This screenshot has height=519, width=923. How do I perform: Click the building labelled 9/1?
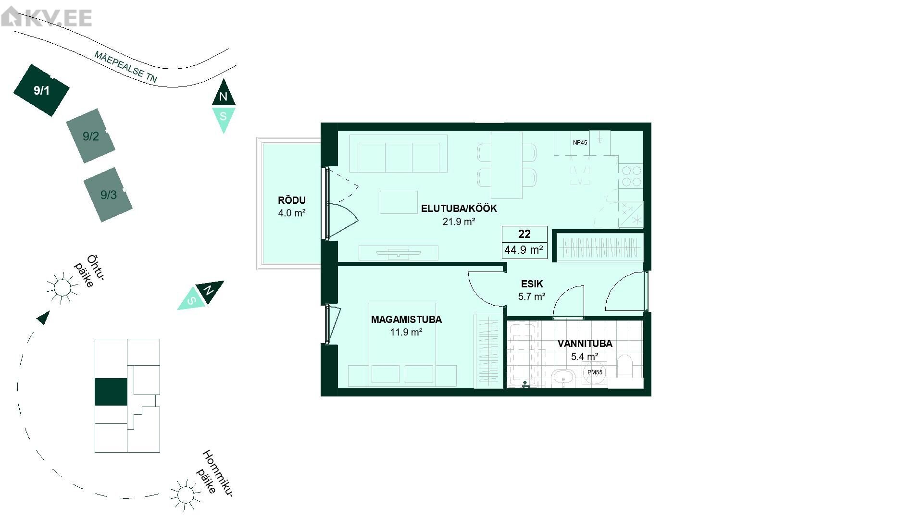(41, 90)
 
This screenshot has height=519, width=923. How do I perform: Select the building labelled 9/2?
(91, 136)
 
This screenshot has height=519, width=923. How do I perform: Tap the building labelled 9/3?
(108, 195)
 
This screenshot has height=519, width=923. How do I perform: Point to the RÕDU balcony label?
(292, 200)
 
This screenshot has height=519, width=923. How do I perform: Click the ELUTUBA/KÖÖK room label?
(459, 209)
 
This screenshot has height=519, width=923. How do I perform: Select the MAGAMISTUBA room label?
(406, 320)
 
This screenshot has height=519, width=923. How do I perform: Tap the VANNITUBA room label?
(585, 344)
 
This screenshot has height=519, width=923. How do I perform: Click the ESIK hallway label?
(532, 284)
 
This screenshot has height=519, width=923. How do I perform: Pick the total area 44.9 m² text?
(524, 250)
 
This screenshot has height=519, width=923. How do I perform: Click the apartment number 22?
(524, 234)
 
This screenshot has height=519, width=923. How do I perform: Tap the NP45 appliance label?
(580, 143)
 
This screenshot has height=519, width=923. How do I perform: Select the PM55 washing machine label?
(595, 372)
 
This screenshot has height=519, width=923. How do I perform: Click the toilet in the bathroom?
(625, 366)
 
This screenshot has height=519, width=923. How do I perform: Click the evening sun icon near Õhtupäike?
(62, 288)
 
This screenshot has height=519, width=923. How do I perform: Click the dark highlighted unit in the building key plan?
(111, 392)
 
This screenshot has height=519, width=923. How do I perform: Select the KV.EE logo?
(47, 18)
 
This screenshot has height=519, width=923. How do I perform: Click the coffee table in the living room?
(399, 202)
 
